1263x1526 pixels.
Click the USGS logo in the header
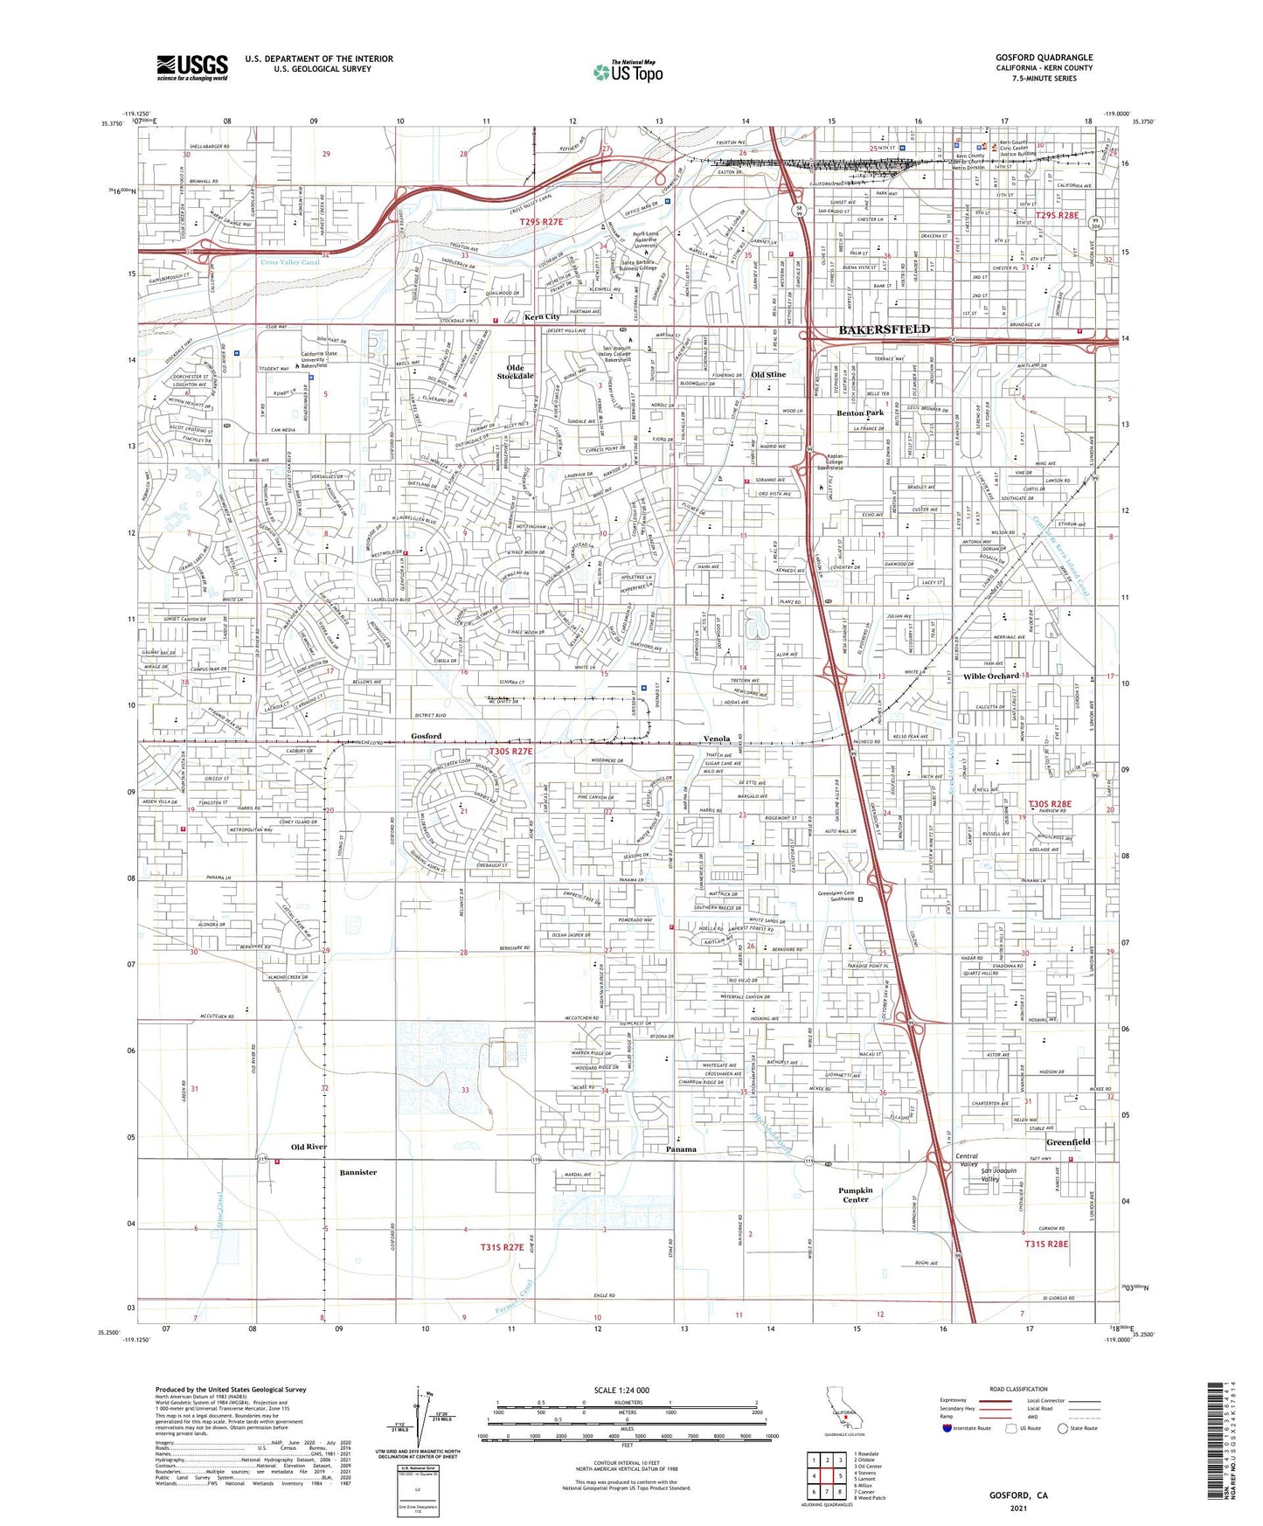192,67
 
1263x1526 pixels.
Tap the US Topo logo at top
627,72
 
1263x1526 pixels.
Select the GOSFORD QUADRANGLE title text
1044,58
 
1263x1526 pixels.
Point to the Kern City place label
542,316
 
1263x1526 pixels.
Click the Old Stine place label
768,375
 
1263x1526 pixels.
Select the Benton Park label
860,413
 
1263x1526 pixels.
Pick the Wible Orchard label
991,676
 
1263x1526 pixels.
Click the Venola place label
717,739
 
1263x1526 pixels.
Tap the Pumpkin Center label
855,1194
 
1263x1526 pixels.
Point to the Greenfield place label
1068,1141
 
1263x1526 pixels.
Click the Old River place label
309,1146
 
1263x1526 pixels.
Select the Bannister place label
357,1172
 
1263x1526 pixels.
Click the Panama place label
681,1148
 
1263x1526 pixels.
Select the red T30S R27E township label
510,751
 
